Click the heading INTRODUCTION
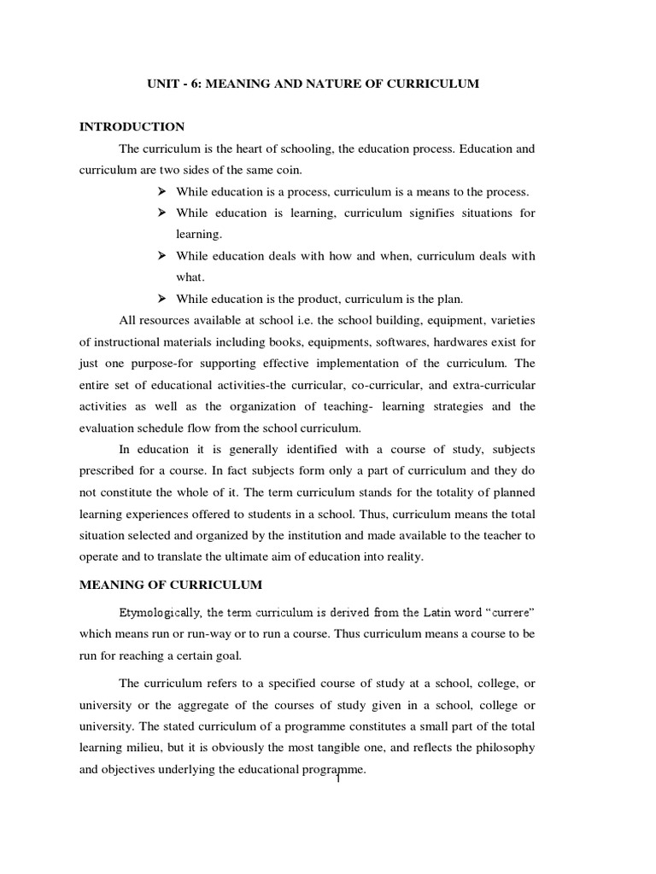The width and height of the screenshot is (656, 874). [132, 126]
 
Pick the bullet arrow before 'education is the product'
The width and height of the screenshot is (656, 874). [163, 298]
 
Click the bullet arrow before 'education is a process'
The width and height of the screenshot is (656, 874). [163, 190]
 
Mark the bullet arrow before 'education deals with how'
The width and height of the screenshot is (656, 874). [163, 255]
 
